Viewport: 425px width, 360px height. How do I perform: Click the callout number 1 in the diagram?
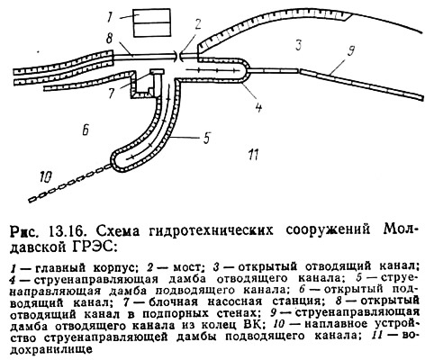coord(110,17)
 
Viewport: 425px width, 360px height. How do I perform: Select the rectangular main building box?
coord(152,22)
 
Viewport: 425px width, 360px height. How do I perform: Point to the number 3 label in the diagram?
coord(298,46)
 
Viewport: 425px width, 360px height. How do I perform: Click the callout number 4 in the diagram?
coord(258,105)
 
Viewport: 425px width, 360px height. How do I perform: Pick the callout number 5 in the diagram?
coord(207,137)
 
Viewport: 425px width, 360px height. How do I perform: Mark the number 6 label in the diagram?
coord(86,130)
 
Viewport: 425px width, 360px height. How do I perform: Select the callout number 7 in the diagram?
coord(112,94)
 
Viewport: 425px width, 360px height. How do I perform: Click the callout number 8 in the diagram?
coord(110,40)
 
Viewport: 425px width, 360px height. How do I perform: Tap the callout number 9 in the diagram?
coord(350,49)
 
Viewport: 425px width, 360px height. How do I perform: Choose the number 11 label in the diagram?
coord(253,154)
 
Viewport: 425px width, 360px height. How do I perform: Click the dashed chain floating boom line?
coord(71,184)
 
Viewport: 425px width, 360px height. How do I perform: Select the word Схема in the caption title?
coord(114,231)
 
